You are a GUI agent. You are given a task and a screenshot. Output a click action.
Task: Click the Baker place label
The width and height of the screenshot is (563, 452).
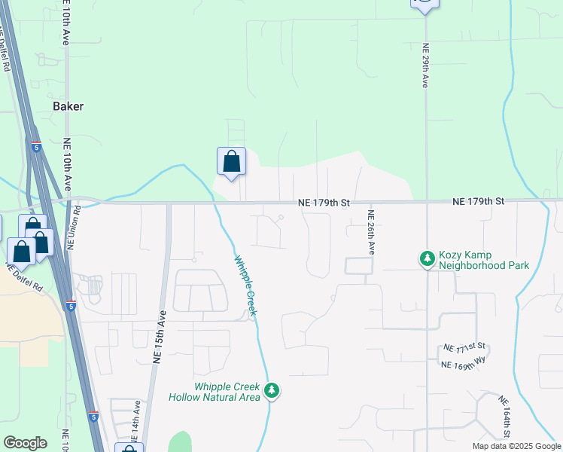coord(68,106)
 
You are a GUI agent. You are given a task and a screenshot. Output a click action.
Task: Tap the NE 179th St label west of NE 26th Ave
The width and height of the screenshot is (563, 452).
coord(324,203)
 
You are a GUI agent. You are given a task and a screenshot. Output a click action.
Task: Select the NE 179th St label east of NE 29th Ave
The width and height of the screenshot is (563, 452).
coord(478,202)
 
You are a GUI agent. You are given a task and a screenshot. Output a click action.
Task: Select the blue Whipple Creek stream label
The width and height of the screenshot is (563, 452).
coord(245,286)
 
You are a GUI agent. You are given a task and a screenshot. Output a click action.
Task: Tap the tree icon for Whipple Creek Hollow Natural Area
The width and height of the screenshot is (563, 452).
coord(272,391)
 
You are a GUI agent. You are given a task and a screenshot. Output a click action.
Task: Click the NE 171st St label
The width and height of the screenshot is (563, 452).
coord(464,349)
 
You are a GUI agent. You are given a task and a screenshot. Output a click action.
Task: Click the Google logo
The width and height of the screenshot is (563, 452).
coord(25,443)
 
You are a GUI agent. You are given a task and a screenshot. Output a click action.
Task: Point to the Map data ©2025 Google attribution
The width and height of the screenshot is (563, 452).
coord(516,446)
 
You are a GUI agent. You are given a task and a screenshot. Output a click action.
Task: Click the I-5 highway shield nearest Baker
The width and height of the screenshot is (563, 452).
coord(36,148)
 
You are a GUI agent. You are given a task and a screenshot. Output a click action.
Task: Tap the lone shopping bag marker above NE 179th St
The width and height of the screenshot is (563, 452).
coord(231,161)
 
